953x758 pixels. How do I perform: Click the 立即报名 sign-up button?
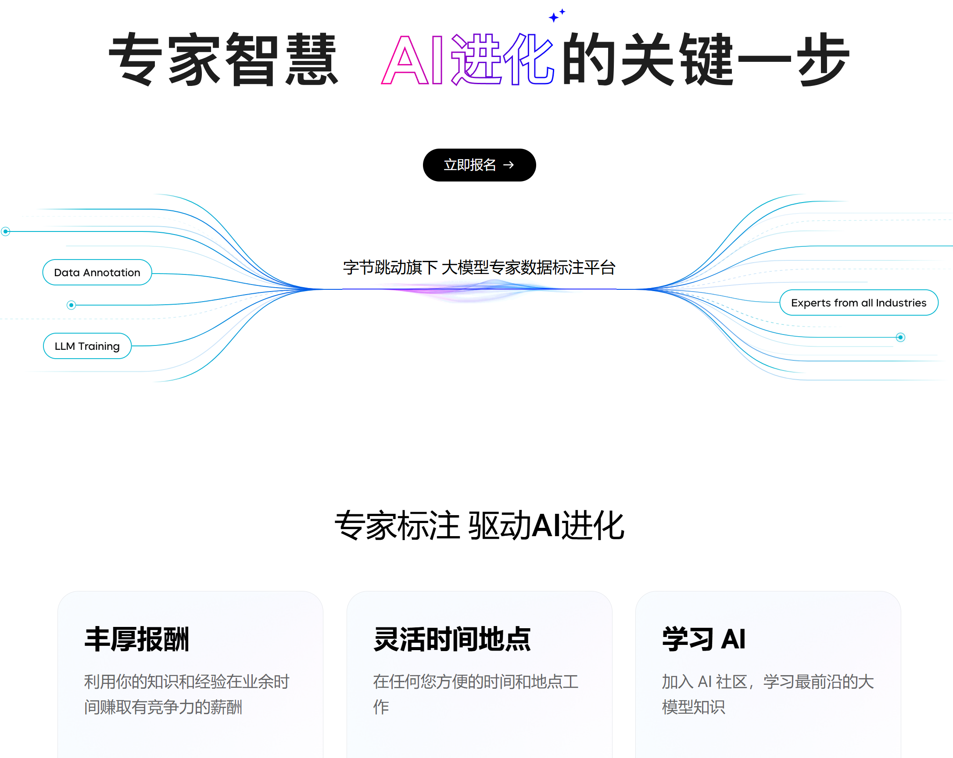479,165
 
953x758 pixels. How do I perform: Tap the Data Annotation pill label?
97,273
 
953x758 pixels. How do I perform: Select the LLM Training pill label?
87,346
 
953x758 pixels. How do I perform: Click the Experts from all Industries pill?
858,302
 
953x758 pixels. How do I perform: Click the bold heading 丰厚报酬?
136,639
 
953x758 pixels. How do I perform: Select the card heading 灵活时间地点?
452,639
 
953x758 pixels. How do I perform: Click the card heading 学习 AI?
704,639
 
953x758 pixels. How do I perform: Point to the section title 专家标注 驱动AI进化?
479,525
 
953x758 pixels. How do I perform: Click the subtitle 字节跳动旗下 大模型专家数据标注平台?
479,268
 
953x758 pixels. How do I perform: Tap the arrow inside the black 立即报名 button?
509,165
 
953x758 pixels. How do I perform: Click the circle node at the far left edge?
6,231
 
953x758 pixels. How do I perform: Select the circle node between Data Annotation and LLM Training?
71,305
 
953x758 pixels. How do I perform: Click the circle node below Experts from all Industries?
900,338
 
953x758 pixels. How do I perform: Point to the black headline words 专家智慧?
224,60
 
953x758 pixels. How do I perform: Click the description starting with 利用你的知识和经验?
186,694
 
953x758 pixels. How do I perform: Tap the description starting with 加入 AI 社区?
767,694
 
